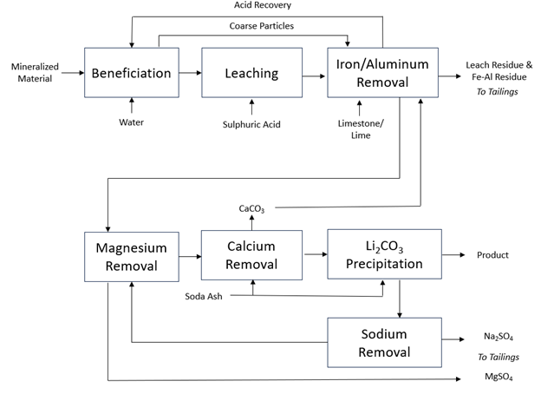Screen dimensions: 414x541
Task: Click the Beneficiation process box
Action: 131,73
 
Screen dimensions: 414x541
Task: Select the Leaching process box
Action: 251,73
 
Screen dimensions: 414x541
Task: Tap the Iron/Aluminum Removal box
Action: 384,72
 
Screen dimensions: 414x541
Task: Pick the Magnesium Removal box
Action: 131,255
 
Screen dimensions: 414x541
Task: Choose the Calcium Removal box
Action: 251,254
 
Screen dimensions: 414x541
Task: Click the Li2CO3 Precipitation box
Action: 384,253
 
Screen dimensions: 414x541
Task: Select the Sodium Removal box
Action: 384,342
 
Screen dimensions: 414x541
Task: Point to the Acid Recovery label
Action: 262,6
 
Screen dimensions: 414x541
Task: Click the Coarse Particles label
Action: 262,26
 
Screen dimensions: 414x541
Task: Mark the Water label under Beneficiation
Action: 131,122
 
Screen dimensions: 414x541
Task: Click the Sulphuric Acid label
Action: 251,124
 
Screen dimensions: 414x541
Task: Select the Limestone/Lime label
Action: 359,128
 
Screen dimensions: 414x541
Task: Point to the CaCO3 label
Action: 252,209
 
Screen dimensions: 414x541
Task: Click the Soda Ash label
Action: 205,297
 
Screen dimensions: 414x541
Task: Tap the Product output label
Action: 492,255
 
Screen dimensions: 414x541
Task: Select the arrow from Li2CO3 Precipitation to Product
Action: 453,254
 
